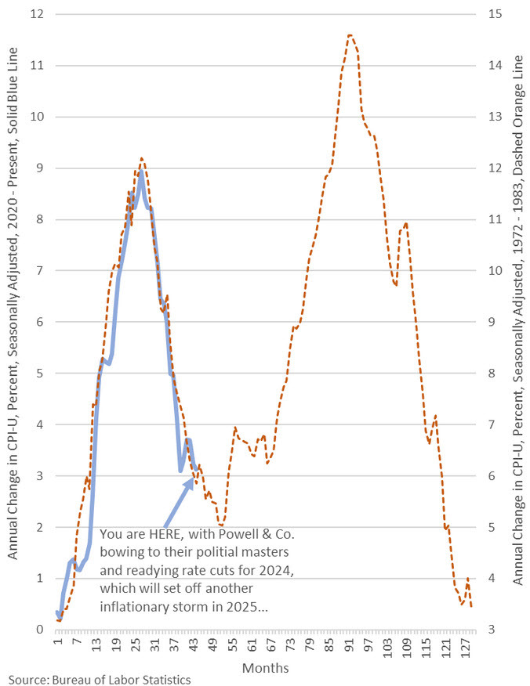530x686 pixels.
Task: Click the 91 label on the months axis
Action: (349, 647)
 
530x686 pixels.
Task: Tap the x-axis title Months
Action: (265, 668)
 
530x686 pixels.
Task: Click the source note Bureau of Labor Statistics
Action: (100, 680)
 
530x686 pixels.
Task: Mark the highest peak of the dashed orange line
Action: (350, 35)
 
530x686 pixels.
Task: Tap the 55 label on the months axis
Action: (233, 647)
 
